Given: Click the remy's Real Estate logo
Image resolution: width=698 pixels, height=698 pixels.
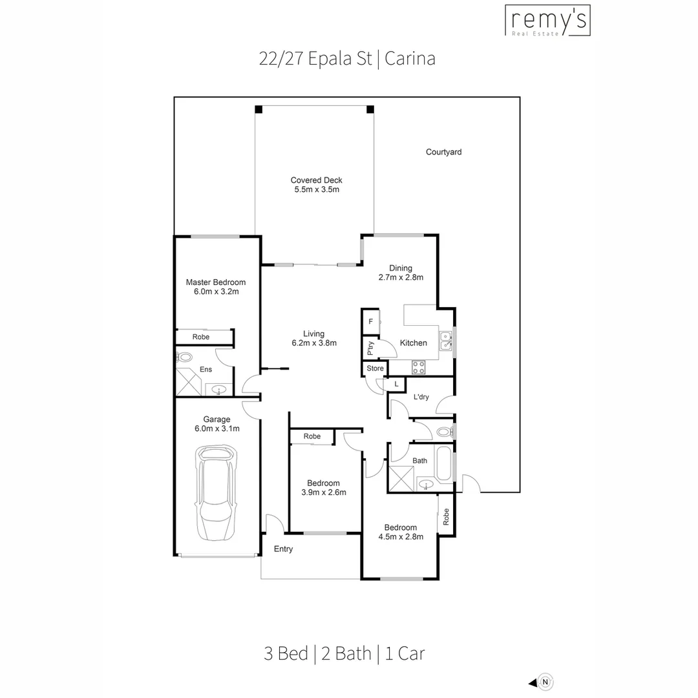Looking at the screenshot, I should pos(547,20).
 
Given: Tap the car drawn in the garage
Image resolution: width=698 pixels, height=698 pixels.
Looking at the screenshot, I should pos(217,492).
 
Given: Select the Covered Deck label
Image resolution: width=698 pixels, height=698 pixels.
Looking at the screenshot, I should pos(316,180).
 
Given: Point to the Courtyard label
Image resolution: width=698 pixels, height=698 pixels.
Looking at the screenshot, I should pos(443,153).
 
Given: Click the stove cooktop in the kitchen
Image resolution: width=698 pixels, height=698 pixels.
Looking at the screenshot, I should pos(418,367).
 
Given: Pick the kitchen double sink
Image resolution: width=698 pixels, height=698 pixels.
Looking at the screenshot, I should pos(445,341).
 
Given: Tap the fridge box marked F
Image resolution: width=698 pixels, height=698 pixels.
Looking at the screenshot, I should pos(371,321).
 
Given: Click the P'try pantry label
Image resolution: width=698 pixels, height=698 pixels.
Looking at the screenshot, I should pos(370,348).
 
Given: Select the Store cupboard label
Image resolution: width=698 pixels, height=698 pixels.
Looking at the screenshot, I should pos(375,368).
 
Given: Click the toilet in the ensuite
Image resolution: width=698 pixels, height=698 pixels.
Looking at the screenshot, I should pos(185,356).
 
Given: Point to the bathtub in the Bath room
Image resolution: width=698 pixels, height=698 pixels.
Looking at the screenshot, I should pos(444,463).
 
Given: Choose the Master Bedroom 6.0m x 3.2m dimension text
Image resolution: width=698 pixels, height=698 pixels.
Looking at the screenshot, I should pos(217,291).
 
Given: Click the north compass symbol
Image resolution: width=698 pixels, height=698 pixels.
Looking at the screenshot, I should pos(546,681).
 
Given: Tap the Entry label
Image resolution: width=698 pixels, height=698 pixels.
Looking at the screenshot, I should pos(283,549).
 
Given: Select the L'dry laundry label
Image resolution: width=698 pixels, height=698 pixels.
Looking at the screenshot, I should pos(421,397).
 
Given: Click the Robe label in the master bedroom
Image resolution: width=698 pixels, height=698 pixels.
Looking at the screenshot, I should pos(201,337).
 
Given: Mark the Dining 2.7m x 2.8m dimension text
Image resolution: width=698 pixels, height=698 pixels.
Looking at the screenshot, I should pos(401,278).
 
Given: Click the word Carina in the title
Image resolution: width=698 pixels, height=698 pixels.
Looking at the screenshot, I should pos(410,59).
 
